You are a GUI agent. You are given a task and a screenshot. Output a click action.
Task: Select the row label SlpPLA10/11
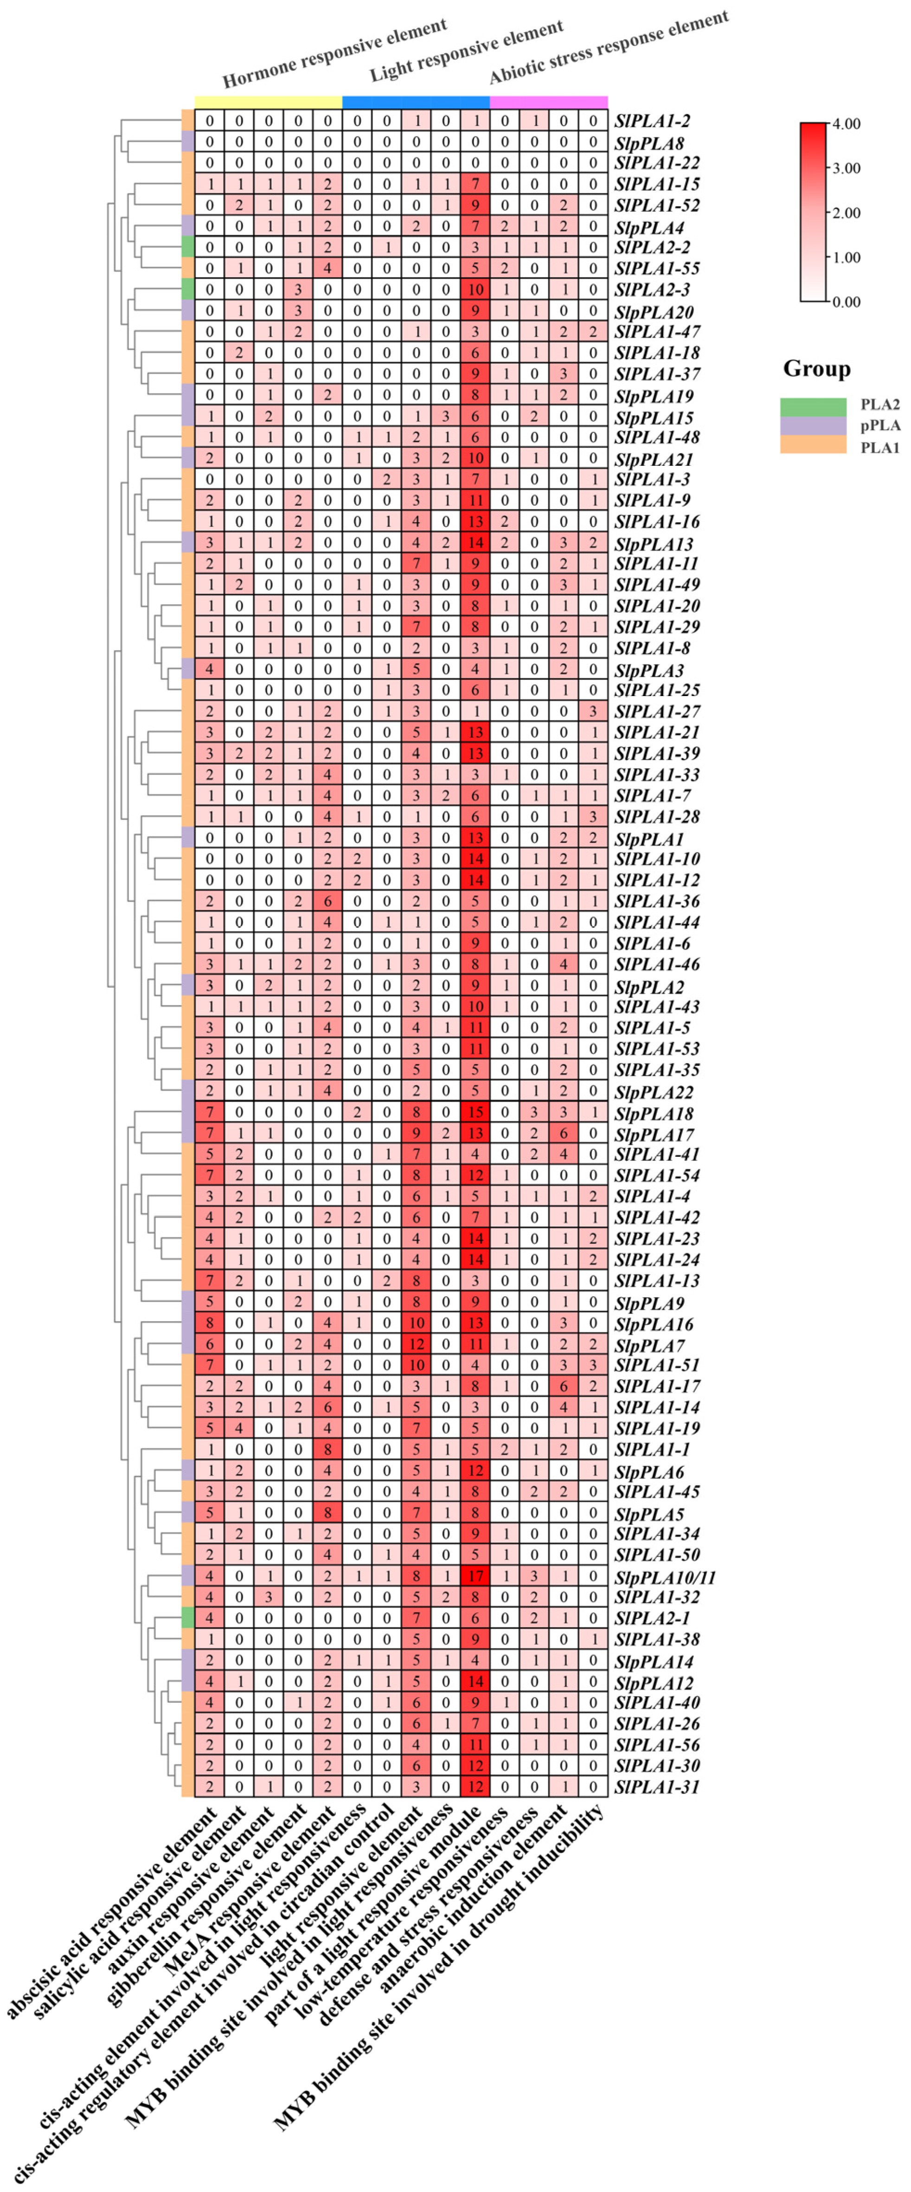pyautogui.click(x=665, y=1577)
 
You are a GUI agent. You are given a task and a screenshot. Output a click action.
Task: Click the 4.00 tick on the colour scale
pyautogui.click(x=846, y=124)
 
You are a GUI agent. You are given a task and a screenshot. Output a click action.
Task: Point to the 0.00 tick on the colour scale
pyautogui.click(x=846, y=301)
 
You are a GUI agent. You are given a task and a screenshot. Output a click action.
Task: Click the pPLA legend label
pyautogui.click(x=879, y=425)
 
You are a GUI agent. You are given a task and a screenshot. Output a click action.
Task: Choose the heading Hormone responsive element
pyautogui.click(x=334, y=53)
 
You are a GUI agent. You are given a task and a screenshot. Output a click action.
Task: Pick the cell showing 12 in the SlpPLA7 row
pyautogui.click(x=417, y=1344)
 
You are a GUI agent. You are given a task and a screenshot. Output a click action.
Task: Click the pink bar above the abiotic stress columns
pyautogui.click(x=548, y=102)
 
